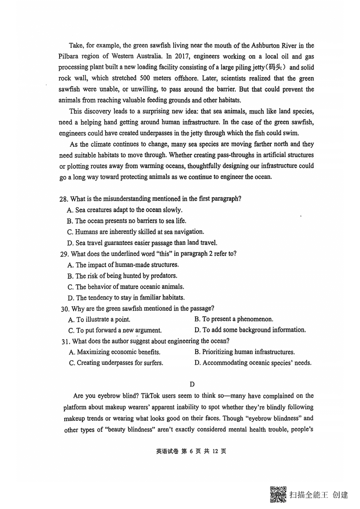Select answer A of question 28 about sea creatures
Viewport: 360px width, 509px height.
(124, 210)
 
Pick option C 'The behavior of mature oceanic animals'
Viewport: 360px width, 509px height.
(126, 287)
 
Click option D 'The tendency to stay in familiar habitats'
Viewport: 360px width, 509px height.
(126, 297)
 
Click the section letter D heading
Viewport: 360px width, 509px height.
(192, 384)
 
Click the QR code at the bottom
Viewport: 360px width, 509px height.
(278, 494)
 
